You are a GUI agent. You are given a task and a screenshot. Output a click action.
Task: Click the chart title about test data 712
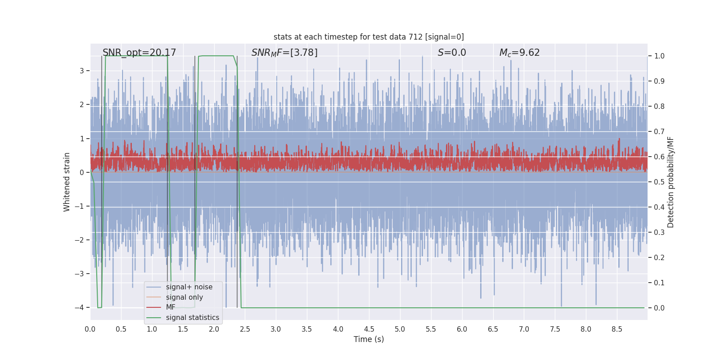tap(369, 37)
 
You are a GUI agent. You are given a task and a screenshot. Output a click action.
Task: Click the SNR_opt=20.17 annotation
tap(139, 53)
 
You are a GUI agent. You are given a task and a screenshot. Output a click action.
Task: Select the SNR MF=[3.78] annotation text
tap(284, 53)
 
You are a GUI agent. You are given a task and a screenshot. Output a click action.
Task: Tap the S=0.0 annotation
tap(452, 53)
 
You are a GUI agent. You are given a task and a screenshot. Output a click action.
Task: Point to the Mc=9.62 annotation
tap(519, 53)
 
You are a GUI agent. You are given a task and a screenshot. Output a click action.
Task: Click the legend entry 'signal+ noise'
tap(189, 287)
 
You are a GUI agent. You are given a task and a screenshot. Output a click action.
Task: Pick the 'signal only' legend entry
tap(184, 297)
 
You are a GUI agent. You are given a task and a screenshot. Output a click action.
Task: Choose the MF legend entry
tap(171, 307)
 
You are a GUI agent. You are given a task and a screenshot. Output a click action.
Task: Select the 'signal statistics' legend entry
tap(192, 318)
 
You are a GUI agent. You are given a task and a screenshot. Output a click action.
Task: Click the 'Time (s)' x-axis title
tap(369, 339)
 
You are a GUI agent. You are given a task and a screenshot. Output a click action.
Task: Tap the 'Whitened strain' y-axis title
tap(67, 182)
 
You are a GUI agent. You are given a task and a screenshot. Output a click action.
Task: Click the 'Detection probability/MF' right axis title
tap(670, 182)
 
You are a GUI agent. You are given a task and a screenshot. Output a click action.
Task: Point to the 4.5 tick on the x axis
tap(369, 329)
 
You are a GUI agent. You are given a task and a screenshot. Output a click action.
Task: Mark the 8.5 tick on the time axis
tap(617, 329)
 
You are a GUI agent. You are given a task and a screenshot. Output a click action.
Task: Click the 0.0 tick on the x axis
tap(90, 329)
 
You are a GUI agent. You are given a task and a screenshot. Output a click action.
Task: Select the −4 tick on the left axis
tap(79, 308)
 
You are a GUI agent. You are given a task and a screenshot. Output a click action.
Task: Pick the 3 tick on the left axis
tap(82, 71)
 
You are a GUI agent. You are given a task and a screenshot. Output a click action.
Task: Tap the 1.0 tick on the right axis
tap(659, 56)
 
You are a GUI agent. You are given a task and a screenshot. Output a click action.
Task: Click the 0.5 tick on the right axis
tap(659, 182)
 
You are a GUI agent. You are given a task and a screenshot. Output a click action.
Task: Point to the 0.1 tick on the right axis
tap(659, 283)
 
